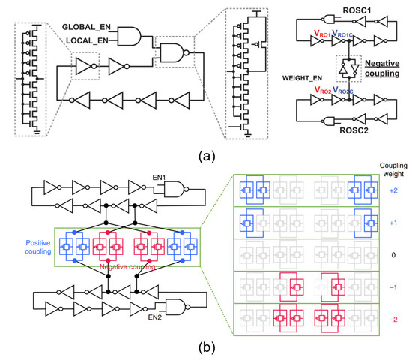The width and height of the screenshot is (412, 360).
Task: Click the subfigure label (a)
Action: tap(205, 158)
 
